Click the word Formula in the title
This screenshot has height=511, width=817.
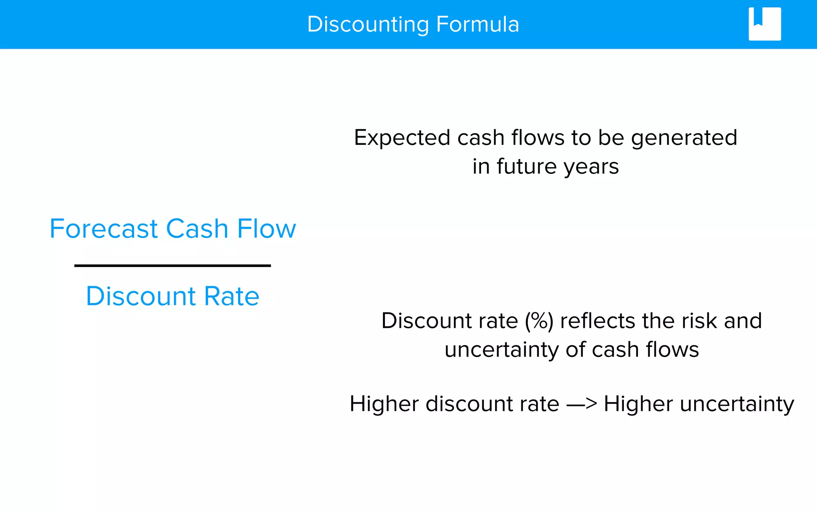pyautogui.click(x=478, y=25)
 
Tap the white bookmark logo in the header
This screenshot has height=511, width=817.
pyautogui.click(x=764, y=24)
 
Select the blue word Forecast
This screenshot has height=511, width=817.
pyautogui.click(x=104, y=229)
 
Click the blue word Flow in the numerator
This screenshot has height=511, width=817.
pyautogui.click(x=266, y=229)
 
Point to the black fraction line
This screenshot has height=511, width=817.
pyautogui.click(x=172, y=265)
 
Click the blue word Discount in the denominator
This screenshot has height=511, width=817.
pyautogui.click(x=141, y=296)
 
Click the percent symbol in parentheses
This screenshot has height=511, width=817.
pyautogui.click(x=539, y=321)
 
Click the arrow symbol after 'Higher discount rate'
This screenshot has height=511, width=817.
pyautogui.click(x=582, y=404)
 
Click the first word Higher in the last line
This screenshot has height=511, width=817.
pyautogui.click(x=384, y=404)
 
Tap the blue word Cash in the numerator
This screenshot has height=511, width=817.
pyautogui.click(x=197, y=229)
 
